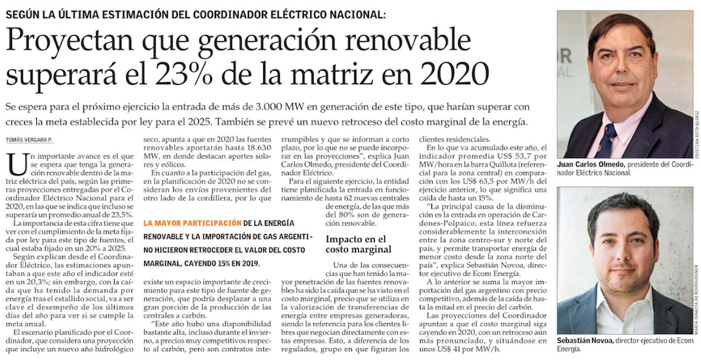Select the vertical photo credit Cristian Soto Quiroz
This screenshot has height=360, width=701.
tap(697, 131)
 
